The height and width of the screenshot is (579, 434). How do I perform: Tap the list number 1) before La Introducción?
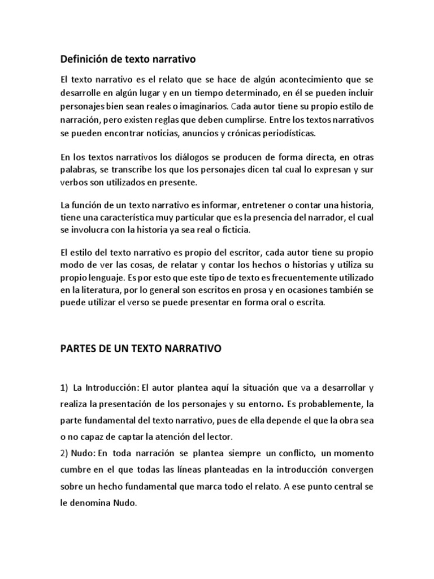64,388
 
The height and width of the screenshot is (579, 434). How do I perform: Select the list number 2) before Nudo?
64,453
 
